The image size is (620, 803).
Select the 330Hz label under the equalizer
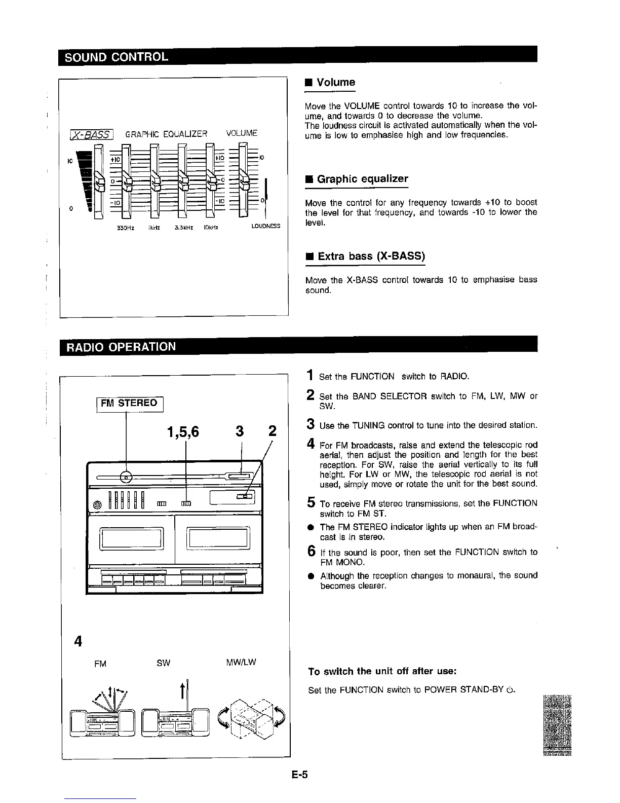pyautogui.click(x=125, y=227)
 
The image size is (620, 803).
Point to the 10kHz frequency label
pyautogui.click(x=211, y=227)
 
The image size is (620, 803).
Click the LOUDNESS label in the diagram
pyautogui.click(x=265, y=226)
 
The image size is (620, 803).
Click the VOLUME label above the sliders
pyautogui.click(x=242, y=133)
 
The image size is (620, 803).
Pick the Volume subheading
pyautogui.click(x=335, y=82)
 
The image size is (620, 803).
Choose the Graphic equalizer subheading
pyautogui.click(x=362, y=179)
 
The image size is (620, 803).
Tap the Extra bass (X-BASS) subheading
pyautogui.click(x=371, y=256)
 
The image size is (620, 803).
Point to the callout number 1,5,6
pyautogui.click(x=183, y=432)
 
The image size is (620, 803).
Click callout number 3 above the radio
pyautogui.click(x=240, y=431)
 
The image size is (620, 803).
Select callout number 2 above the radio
pyautogui.click(x=273, y=431)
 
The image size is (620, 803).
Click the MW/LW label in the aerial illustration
pyautogui.click(x=241, y=662)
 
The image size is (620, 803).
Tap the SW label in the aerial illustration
pyautogui.click(x=163, y=663)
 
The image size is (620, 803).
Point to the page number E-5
pyautogui.click(x=300, y=775)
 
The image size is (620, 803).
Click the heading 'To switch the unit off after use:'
pyautogui.click(x=383, y=671)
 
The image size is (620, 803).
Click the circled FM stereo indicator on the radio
pyautogui.click(x=127, y=477)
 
